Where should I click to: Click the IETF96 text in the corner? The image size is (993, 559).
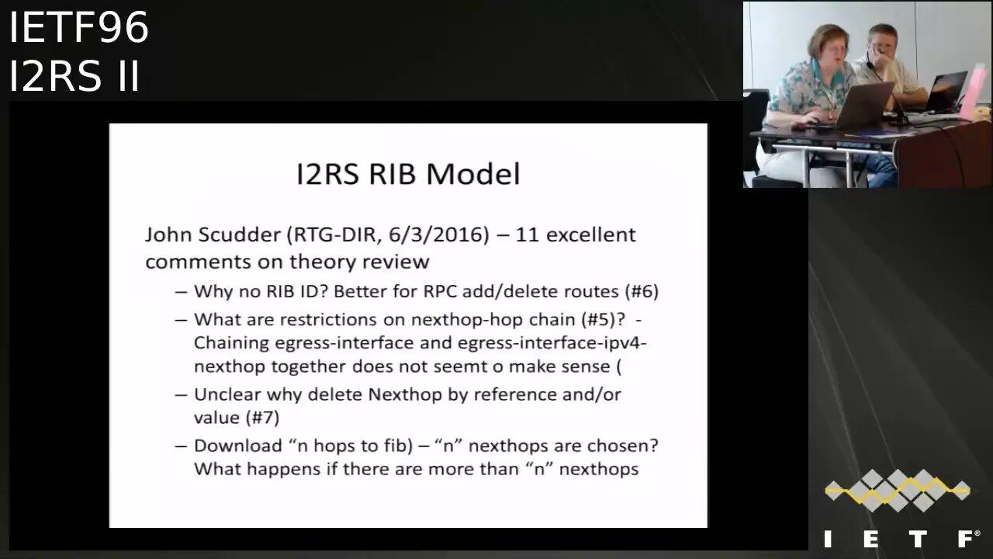pyautogui.click(x=78, y=28)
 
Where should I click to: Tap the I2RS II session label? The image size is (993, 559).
pyautogui.click(x=74, y=76)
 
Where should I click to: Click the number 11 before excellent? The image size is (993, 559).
pyautogui.click(x=527, y=234)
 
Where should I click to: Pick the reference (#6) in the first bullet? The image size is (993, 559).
pyautogui.click(x=642, y=292)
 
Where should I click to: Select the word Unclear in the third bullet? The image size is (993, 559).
pyautogui.click(x=225, y=394)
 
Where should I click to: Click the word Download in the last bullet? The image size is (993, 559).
pyautogui.click(x=237, y=446)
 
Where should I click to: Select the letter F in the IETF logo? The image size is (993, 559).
pyautogui.click(x=967, y=539)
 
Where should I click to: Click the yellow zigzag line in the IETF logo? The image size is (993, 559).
pyautogui.click(x=897, y=490)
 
